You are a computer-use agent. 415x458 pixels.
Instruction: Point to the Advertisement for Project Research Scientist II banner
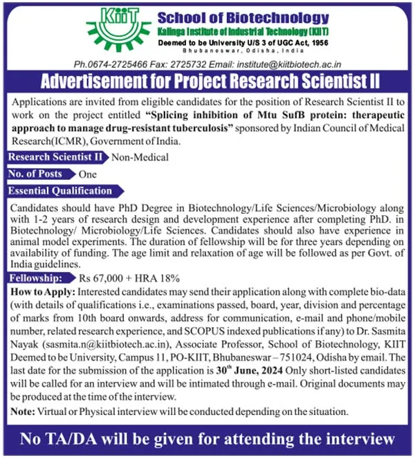207,82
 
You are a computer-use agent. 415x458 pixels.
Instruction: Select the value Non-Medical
140,157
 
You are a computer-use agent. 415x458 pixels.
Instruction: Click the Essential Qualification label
61,191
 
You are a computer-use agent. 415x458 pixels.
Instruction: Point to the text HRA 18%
168,277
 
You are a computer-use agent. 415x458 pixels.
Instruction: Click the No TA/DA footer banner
207,439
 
